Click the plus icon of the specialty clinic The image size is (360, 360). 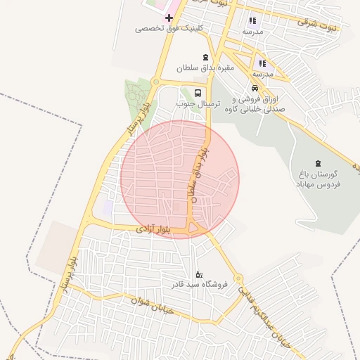[169, 17]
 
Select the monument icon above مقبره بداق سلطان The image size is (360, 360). [205, 57]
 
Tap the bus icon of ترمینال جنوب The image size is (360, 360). [198, 92]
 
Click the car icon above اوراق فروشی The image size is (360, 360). [255, 89]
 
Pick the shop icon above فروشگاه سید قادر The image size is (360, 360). [199, 274]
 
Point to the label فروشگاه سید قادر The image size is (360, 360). [198, 285]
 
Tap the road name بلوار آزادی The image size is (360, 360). [153, 229]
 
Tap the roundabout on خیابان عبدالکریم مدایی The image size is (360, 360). [238, 278]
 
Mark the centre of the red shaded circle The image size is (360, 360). [179, 179]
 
